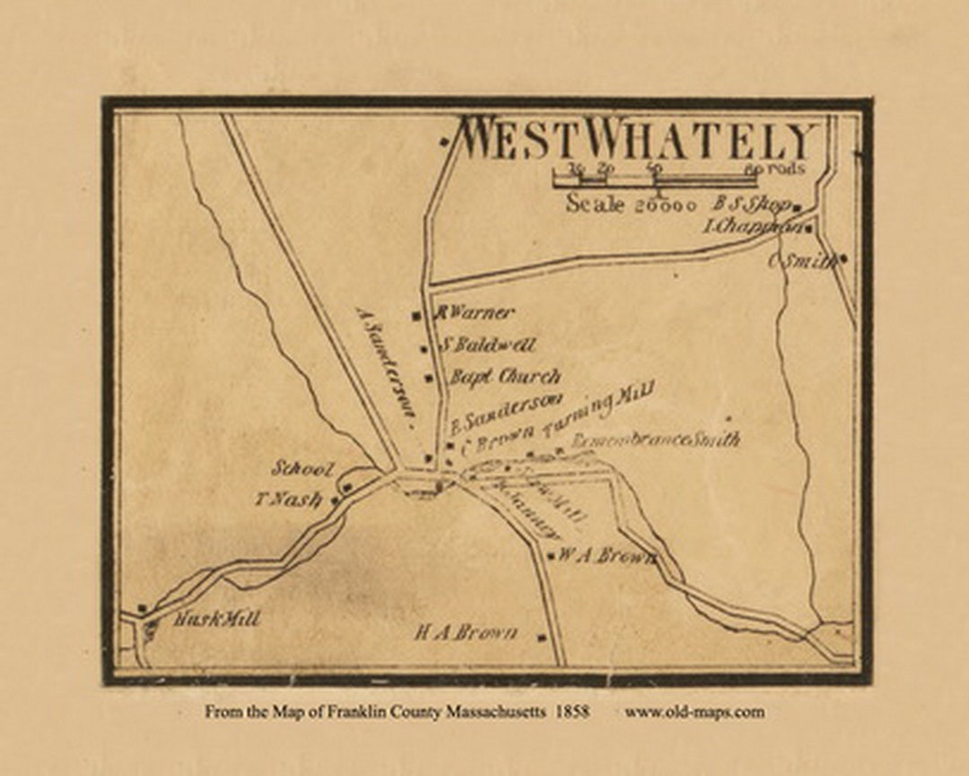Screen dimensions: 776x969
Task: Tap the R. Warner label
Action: point(475,313)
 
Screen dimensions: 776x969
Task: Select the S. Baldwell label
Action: point(489,344)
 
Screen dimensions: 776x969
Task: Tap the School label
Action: point(303,469)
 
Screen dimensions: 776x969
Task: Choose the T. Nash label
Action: point(286,500)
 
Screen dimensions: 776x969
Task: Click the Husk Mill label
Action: point(216,619)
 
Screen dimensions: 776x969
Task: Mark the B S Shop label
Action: point(751,204)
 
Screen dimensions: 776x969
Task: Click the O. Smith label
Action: point(802,261)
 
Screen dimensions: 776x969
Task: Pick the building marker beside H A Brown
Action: point(542,638)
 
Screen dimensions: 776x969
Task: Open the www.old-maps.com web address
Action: point(694,712)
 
